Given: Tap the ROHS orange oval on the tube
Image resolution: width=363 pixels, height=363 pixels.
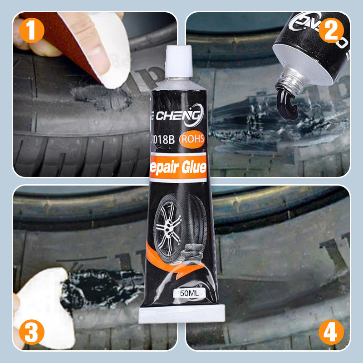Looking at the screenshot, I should (x=192, y=138).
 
